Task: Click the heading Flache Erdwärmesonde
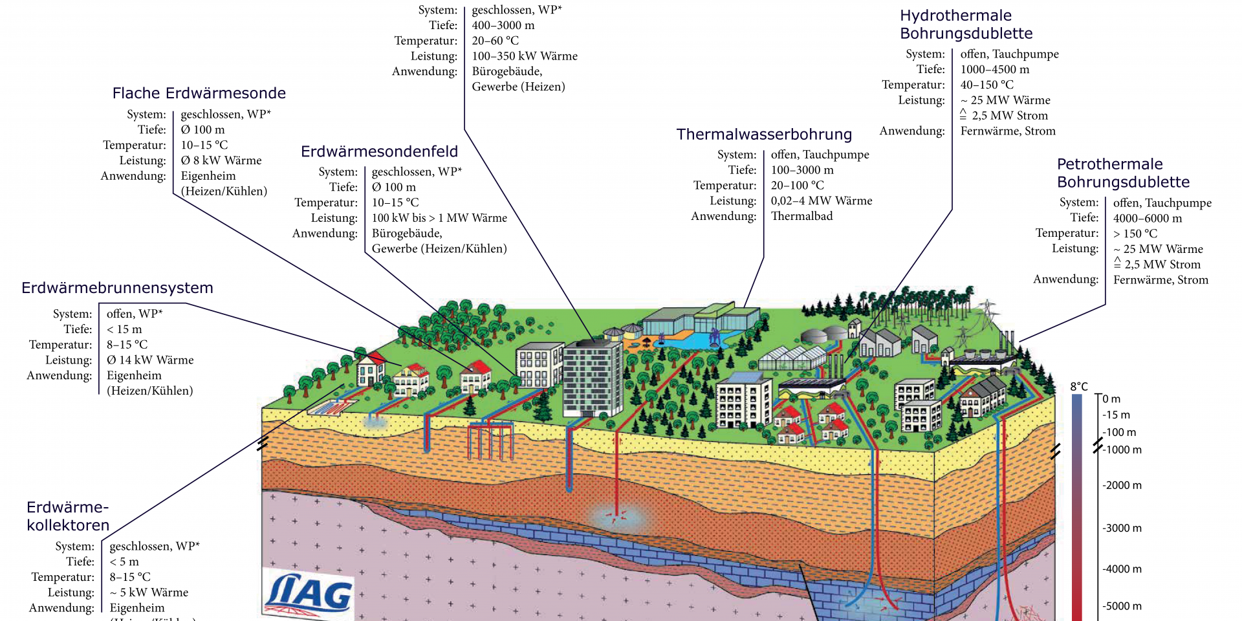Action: pyautogui.click(x=199, y=93)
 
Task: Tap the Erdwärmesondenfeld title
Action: pyautogui.click(x=379, y=151)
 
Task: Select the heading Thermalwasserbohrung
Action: pyautogui.click(x=764, y=135)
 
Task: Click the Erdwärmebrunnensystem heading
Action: pyautogui.click(x=117, y=288)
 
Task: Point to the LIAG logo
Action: pyautogui.click(x=310, y=592)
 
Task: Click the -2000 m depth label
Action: pyautogui.click(x=1122, y=485)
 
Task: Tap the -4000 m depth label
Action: pyautogui.click(x=1122, y=569)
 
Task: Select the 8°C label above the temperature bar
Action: pyautogui.click(x=1079, y=386)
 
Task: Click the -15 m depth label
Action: pyautogui.click(x=1116, y=415)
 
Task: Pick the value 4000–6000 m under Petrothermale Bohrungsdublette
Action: pyautogui.click(x=1147, y=219)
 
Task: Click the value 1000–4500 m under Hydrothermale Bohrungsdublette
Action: pyautogui.click(x=994, y=69)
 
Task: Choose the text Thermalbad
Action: pyautogui.click(x=801, y=216)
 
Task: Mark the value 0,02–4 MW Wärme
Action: pyautogui.click(x=821, y=201)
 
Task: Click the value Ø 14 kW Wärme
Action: pyautogui.click(x=150, y=360)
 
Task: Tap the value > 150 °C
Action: pyautogui.click(x=1135, y=234)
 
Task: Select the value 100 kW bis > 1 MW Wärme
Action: pyautogui.click(x=439, y=218)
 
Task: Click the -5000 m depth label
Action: pyautogui.click(x=1122, y=606)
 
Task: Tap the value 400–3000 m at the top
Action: pyautogui.click(x=503, y=25)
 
